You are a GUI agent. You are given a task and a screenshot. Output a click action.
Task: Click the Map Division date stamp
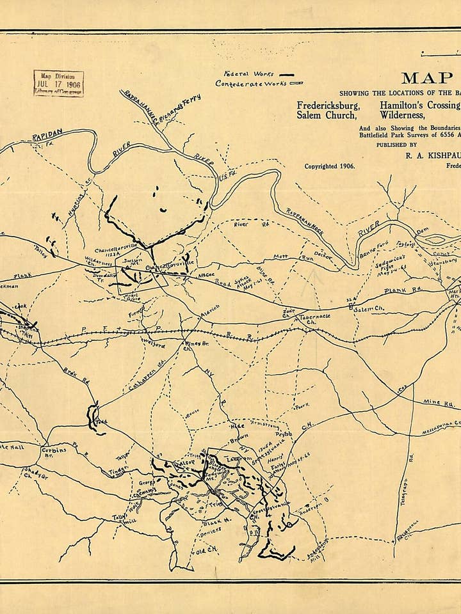[x=58, y=83]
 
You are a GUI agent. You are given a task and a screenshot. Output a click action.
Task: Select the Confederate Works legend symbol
[x=296, y=83]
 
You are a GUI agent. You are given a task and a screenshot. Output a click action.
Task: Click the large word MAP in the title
[x=427, y=78]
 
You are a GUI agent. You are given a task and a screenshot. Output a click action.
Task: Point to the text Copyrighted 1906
[x=329, y=165]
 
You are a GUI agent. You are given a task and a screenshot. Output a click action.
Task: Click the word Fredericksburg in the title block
[x=328, y=105]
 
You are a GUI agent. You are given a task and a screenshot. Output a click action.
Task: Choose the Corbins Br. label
[x=54, y=452]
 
